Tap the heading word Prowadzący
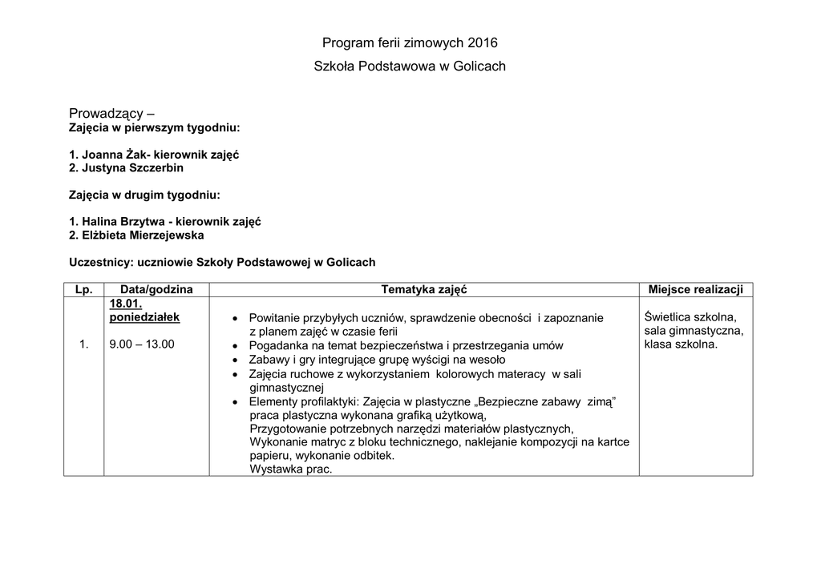(x=104, y=113)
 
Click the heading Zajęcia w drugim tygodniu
(x=144, y=195)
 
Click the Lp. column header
(x=84, y=289)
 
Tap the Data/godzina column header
(x=156, y=289)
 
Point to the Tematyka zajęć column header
(x=424, y=289)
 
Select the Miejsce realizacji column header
(x=695, y=289)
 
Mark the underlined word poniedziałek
(x=144, y=317)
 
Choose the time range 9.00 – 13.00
(x=141, y=344)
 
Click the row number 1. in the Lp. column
(x=84, y=344)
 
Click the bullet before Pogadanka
(x=234, y=346)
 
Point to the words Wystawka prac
(x=290, y=469)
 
